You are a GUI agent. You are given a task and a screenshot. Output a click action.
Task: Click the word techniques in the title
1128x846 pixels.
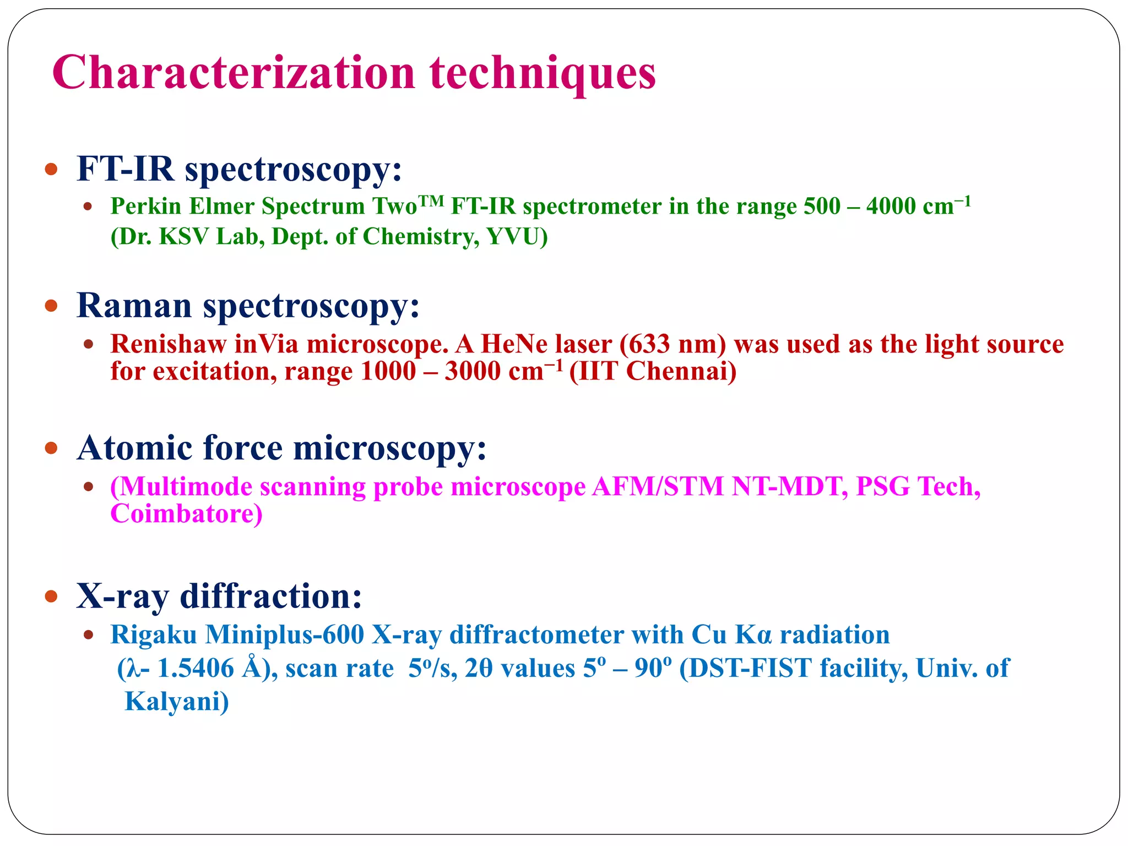pyautogui.click(x=543, y=73)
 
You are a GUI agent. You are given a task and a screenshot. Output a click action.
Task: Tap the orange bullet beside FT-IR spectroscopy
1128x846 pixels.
pyautogui.click(x=51, y=169)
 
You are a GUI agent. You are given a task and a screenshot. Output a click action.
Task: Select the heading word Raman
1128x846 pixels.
pyautogui.click(x=134, y=305)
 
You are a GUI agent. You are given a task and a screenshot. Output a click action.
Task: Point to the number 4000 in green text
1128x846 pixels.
pyautogui.click(x=891, y=207)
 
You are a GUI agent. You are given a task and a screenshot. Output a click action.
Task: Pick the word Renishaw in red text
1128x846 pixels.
pyautogui.click(x=168, y=344)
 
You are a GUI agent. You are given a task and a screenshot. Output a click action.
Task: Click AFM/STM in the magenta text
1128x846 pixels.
pyautogui.click(x=657, y=487)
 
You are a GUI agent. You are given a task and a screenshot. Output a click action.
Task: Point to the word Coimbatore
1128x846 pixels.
pyautogui.click(x=186, y=514)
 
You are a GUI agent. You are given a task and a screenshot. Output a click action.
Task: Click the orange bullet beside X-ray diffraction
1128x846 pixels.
pyautogui.click(x=51, y=596)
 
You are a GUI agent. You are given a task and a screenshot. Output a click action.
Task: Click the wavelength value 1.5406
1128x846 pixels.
pyautogui.click(x=196, y=669)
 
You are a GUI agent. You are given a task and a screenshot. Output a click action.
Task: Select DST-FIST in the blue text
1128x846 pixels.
pyautogui.click(x=745, y=669)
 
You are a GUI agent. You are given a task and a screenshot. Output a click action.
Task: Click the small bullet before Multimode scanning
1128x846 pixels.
pyautogui.click(x=88, y=487)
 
